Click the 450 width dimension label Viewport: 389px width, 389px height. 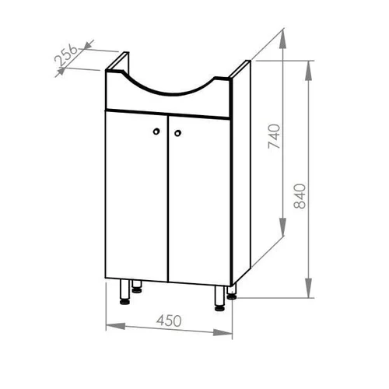pyautogui.click(x=169, y=321)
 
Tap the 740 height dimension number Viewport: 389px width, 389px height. pyautogui.click(x=275, y=136)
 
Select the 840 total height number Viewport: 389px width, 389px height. pyautogui.click(x=300, y=196)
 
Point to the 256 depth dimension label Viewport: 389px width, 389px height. pyautogui.click(x=66, y=55)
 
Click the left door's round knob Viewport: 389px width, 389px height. pyautogui.click(x=156, y=131)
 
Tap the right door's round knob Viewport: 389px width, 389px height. pyautogui.click(x=177, y=133)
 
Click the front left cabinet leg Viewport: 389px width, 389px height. pyautogui.click(x=125, y=292)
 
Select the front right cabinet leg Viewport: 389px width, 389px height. pyautogui.click(x=220, y=298)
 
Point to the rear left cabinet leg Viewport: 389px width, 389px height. pyautogui.click(x=137, y=286)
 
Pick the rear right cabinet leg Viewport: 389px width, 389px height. pyautogui.click(x=232, y=293)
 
